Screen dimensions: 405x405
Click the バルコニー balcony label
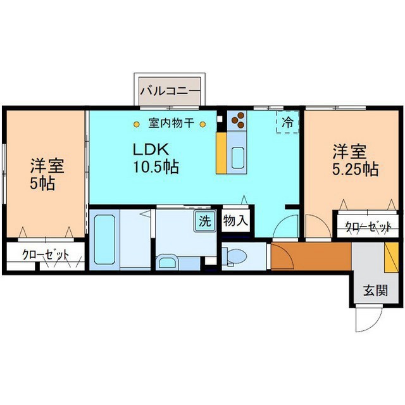pos(170,91)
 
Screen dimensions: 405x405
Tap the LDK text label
pos(151,149)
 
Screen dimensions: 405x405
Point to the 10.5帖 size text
pos(156,166)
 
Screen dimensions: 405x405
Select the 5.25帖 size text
pos(355,170)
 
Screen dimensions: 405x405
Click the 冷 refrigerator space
pos(287,122)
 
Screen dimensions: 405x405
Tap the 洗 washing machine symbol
pos(205,221)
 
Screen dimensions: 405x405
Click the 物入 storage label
pos(236,221)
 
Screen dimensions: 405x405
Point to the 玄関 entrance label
pos(376,290)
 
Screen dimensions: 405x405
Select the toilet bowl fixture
pos(235,256)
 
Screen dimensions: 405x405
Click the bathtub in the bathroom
pos(104,240)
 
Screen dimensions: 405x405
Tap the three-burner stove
pos(237,121)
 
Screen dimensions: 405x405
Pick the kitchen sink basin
pos(238,158)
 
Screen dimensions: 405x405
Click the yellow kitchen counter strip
pos(221,153)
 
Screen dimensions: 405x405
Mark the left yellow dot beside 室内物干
pos(137,125)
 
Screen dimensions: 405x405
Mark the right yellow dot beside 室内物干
pos(203,125)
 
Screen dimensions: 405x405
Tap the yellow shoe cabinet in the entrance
pos(391,258)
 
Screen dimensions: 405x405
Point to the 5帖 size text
pos(42,184)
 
